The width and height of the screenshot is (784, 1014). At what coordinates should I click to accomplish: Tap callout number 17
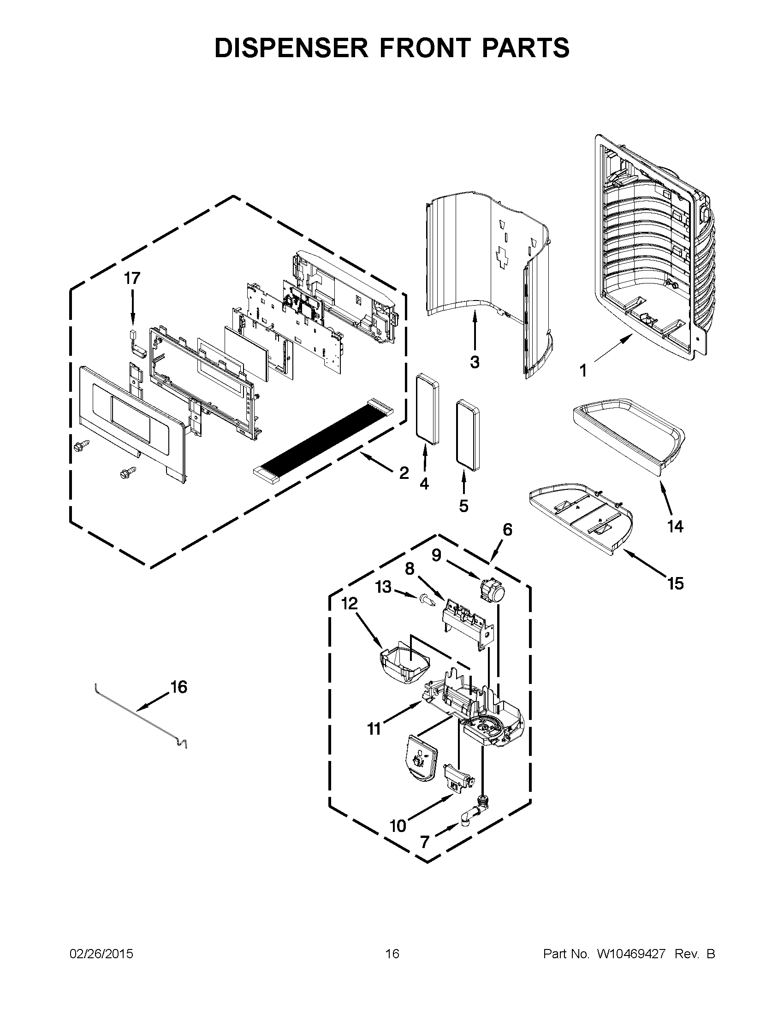(132, 278)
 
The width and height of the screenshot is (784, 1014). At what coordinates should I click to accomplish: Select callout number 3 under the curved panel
(474, 362)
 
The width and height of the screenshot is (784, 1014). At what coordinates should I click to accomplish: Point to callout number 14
(675, 526)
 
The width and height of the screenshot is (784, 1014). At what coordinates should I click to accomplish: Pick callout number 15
(675, 583)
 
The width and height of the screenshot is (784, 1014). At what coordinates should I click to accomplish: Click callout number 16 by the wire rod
(179, 687)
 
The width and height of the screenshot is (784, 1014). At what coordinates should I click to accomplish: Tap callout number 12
(349, 604)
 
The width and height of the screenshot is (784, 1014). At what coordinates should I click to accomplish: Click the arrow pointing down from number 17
(133, 307)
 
